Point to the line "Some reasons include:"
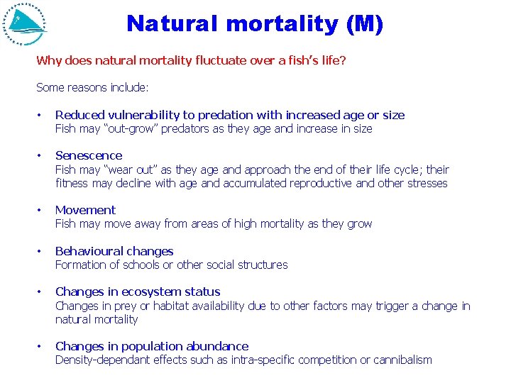pos(92,88)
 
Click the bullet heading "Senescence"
pos(89,155)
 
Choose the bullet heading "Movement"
pos(85,210)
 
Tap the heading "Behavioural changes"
pos(114,251)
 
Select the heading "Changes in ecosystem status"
pos(138,292)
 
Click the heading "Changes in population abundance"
pos(152,346)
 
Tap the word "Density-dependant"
pos(102,360)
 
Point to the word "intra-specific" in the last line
pos(260,360)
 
